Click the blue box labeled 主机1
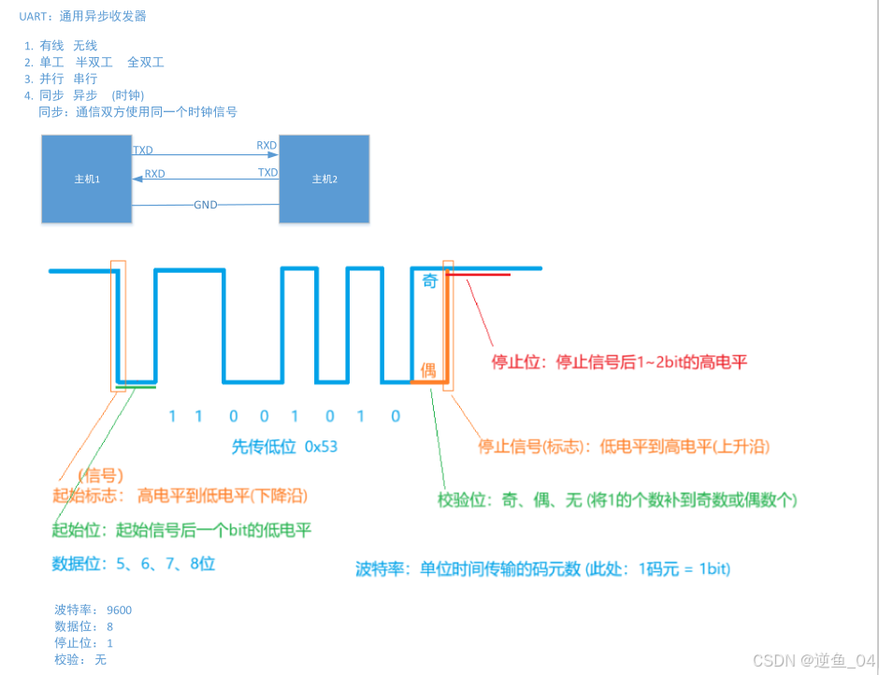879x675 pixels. (x=86, y=179)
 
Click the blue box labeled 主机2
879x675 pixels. (x=324, y=179)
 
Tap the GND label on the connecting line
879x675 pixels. (x=206, y=205)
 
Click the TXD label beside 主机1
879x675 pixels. (x=143, y=150)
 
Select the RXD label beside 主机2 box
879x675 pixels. (x=267, y=146)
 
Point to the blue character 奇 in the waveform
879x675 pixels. (x=429, y=281)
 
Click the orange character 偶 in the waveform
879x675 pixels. (x=428, y=370)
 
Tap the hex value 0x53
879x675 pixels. (x=321, y=447)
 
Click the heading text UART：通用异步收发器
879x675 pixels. (x=82, y=16)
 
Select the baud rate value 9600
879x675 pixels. (x=119, y=610)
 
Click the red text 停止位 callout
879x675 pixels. (x=619, y=362)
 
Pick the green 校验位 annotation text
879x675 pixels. (x=617, y=500)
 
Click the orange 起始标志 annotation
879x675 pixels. (x=180, y=495)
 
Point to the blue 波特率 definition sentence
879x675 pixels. (x=542, y=568)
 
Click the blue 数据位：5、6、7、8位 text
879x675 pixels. (x=134, y=564)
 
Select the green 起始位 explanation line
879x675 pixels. (x=181, y=530)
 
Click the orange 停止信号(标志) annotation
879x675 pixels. (x=623, y=447)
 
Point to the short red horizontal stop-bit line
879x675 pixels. (x=479, y=275)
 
